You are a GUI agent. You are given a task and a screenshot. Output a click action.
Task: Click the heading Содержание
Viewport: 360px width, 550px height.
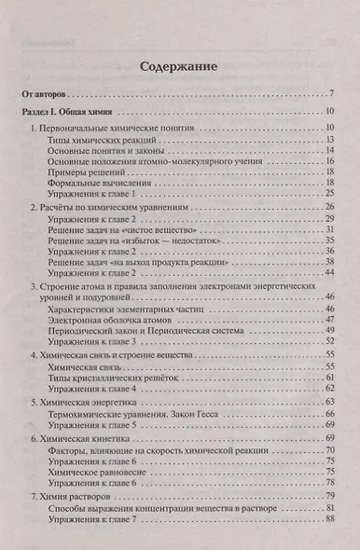179,67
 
